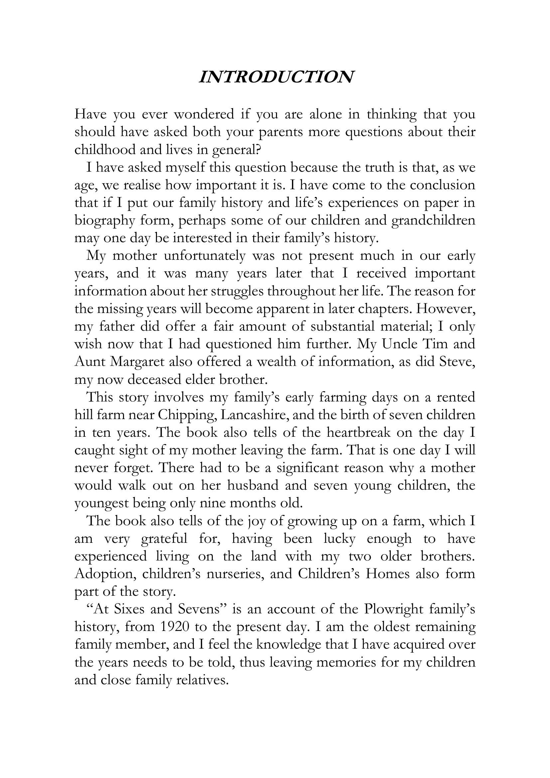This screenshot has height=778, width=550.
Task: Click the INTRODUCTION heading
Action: click(276, 77)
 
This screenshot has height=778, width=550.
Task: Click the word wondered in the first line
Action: click(204, 114)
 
